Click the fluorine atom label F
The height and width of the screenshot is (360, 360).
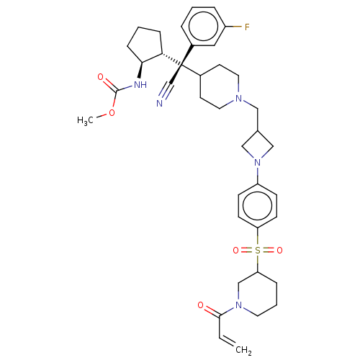pos(247,27)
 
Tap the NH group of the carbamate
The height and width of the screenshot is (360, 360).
pos(140,85)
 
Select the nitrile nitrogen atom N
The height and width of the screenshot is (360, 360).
pos(159,104)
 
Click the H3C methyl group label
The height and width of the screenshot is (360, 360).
pos(85,120)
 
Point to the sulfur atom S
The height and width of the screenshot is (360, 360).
pos(258,251)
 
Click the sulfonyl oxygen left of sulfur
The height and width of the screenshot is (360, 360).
pos(236,251)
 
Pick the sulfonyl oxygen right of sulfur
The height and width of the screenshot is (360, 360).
pos(279,251)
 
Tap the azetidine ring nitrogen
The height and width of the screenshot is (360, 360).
pos(258,163)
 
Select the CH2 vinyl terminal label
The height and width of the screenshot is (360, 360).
pos(243,350)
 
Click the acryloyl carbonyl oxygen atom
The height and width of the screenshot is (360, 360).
pos(201,305)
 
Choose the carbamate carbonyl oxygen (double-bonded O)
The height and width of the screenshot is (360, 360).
pos(101,77)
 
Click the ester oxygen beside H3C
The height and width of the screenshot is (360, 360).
pos(112,112)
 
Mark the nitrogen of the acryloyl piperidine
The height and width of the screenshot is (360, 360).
pos(238,305)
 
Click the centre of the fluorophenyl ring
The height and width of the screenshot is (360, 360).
pos(203,26)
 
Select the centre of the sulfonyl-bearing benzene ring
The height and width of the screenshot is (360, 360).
pos(258,206)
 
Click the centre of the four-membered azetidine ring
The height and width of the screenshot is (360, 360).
pos(258,145)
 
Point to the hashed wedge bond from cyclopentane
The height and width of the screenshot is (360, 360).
pos(172,59)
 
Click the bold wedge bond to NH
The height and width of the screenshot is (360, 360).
pos(140,70)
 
